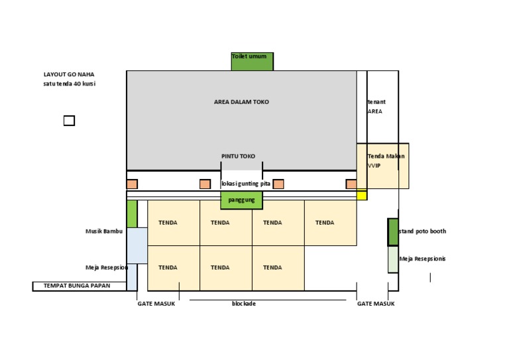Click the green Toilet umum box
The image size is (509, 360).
tap(252, 61)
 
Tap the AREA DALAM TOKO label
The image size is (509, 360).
tap(241, 102)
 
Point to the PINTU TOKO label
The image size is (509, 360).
tap(238, 156)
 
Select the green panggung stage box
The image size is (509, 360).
tap(242, 199)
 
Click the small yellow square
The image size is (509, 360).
tap(362, 195)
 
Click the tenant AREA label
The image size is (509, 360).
tap(376, 107)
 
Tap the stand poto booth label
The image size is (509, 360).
tap(422, 231)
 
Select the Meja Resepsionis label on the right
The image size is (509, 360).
tap(422, 259)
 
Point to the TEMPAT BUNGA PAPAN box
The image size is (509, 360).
tap(80, 286)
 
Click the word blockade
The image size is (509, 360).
tap(243, 304)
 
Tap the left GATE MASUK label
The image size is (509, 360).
tap(156, 304)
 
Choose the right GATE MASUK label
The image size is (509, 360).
tap(376, 304)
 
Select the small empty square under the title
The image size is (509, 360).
tap(69, 121)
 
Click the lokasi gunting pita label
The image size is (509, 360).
tap(246, 184)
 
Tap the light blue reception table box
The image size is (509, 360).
tap(137, 246)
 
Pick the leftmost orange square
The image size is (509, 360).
tap(132, 184)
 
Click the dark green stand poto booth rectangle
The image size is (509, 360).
tap(393, 232)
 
